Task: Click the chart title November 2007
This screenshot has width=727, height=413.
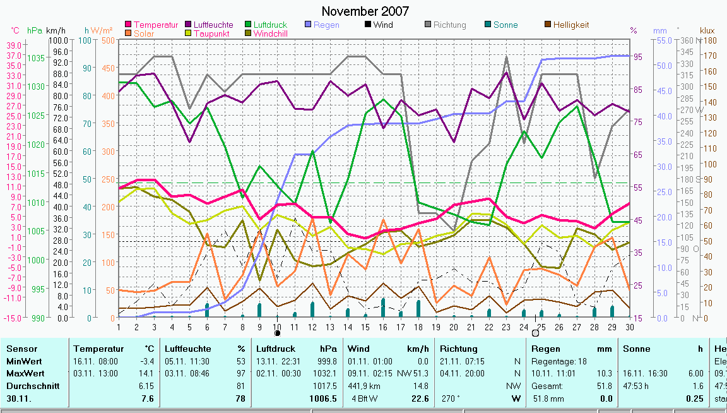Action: (365, 11)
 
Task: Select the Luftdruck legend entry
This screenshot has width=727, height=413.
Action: (269, 25)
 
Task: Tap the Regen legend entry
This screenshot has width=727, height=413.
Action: (327, 25)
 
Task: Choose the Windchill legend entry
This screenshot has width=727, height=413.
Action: (270, 33)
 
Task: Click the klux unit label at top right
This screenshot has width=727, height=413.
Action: (707, 30)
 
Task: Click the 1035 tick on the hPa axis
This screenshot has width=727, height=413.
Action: (37, 57)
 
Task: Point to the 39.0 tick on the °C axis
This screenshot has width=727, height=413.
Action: (14, 45)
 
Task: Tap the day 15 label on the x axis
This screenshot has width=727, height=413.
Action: (365, 326)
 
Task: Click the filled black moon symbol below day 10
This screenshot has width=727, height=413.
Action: (277, 333)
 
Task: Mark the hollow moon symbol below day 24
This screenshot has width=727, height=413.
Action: (535, 333)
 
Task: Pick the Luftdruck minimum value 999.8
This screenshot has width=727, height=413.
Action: (327, 361)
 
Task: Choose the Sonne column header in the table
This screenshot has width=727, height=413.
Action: (636, 349)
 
